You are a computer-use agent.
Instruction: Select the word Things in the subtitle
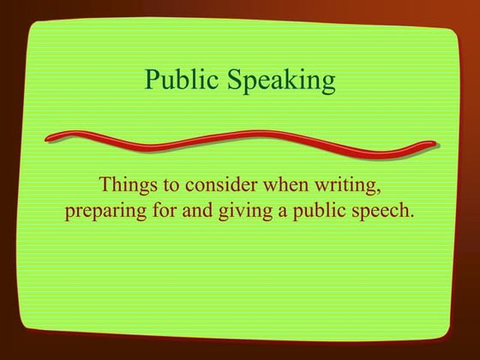coord(124,184)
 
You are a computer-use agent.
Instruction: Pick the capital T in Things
coord(105,183)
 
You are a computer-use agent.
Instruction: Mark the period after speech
coord(412,217)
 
